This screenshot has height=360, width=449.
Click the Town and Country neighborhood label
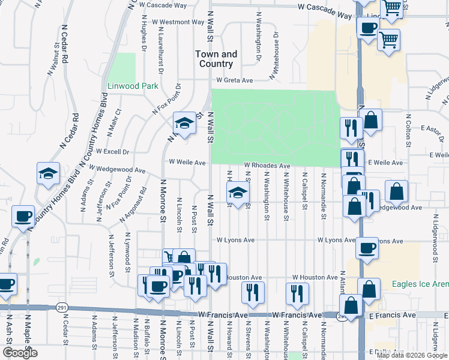[x=216, y=59]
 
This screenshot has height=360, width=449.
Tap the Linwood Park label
[x=132, y=86]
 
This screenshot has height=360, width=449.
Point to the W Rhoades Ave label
[x=267, y=166]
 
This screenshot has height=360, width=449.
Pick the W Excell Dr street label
[x=109, y=152]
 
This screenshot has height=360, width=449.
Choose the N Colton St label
[x=408, y=130]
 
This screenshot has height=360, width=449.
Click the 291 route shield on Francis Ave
[x=62, y=307]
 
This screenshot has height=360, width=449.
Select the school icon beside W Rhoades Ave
[x=237, y=193]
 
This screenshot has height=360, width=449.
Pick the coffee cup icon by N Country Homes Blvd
[x=23, y=217]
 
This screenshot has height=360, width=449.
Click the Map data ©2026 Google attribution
[x=412, y=355]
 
